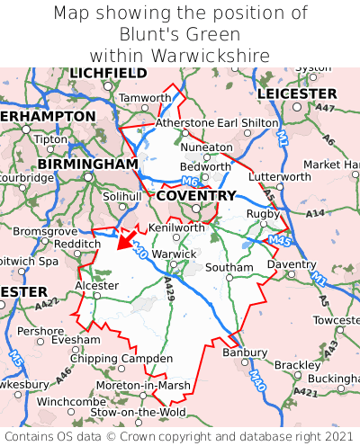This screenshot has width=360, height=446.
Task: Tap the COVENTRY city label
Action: pos(196,195)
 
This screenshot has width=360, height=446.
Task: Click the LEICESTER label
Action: pos(298,94)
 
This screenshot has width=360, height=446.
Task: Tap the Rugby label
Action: pos(263,213)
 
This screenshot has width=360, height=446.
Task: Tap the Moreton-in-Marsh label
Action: pos(143,385)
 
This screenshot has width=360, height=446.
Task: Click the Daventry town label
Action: pos(292,264)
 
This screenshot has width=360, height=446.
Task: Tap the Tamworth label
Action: pos(145,97)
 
